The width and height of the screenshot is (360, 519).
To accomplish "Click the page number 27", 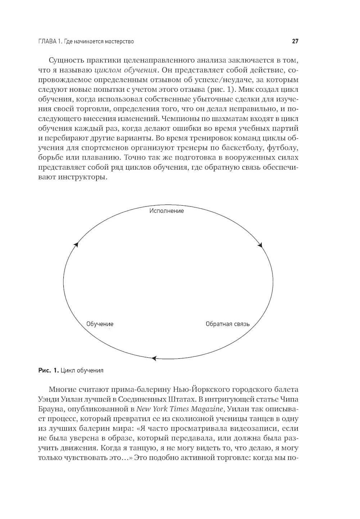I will click(295, 41).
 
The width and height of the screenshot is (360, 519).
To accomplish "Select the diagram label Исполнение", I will click(167, 211).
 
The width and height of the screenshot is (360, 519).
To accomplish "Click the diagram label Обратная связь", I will click(228, 324).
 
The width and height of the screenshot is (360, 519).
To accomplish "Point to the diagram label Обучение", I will click(100, 324).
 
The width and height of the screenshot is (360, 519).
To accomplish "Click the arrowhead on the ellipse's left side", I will click(76, 245).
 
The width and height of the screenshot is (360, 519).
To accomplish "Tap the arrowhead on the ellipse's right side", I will click(260, 245).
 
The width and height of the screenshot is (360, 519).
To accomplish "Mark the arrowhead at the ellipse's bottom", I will click(154, 358).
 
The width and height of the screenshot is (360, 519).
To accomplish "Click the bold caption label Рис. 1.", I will click(48, 370).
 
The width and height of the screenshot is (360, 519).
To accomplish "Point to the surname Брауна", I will click(50, 409).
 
